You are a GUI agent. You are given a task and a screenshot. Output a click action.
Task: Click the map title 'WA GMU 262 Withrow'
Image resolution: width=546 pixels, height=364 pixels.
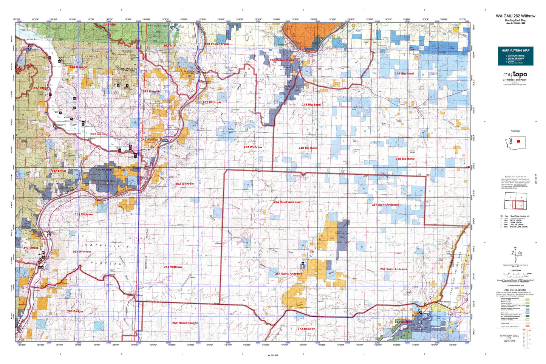(515, 16)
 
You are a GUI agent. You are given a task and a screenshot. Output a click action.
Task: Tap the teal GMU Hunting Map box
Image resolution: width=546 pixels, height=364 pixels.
(515, 56)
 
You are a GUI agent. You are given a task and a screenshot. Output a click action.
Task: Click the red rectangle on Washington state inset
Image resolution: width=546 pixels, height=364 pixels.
(518, 141)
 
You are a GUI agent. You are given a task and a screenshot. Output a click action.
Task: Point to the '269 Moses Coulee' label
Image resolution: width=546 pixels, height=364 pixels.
(185, 323)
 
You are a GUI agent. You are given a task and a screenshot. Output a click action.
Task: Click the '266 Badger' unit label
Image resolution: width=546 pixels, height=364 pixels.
(75, 311)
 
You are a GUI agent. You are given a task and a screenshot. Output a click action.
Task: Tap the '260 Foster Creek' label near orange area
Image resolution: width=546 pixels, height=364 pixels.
(282, 60)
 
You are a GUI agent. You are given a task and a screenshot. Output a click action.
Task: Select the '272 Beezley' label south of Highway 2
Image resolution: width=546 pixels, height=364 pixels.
(306, 328)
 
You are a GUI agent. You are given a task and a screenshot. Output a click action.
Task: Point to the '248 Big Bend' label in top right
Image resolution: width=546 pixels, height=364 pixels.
(404, 73)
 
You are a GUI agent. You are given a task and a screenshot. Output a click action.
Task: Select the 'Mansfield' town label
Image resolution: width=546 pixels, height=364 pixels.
(297, 176)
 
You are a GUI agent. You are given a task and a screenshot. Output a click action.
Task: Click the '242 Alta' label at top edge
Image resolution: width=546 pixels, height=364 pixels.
(110, 25)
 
